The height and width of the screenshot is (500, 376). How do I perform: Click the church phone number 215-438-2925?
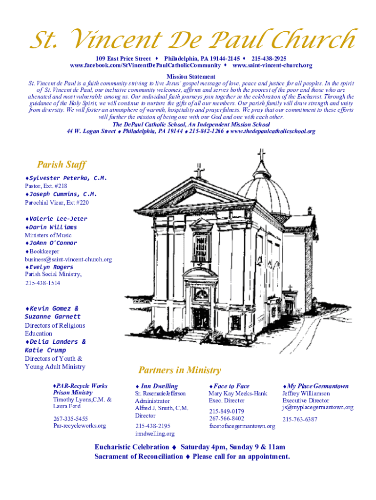click(x=269, y=59)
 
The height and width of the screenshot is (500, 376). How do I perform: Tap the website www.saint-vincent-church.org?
click(x=272, y=65)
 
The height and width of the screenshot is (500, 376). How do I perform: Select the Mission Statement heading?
click(x=191, y=77)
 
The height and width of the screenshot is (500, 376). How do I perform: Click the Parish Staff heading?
click(x=62, y=165)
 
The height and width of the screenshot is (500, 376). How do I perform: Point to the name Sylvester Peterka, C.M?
click(x=67, y=178)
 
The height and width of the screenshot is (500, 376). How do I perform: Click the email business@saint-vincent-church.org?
click(x=68, y=259)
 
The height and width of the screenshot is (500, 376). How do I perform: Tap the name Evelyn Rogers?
click(x=51, y=267)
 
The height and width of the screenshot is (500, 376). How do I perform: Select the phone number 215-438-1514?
click(x=43, y=283)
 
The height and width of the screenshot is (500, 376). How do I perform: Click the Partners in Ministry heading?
click(x=180, y=370)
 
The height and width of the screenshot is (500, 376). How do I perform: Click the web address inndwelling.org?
click(x=155, y=434)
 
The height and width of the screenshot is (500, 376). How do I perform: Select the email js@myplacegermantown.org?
click(x=318, y=407)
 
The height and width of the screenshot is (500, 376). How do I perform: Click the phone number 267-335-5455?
click(x=70, y=418)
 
